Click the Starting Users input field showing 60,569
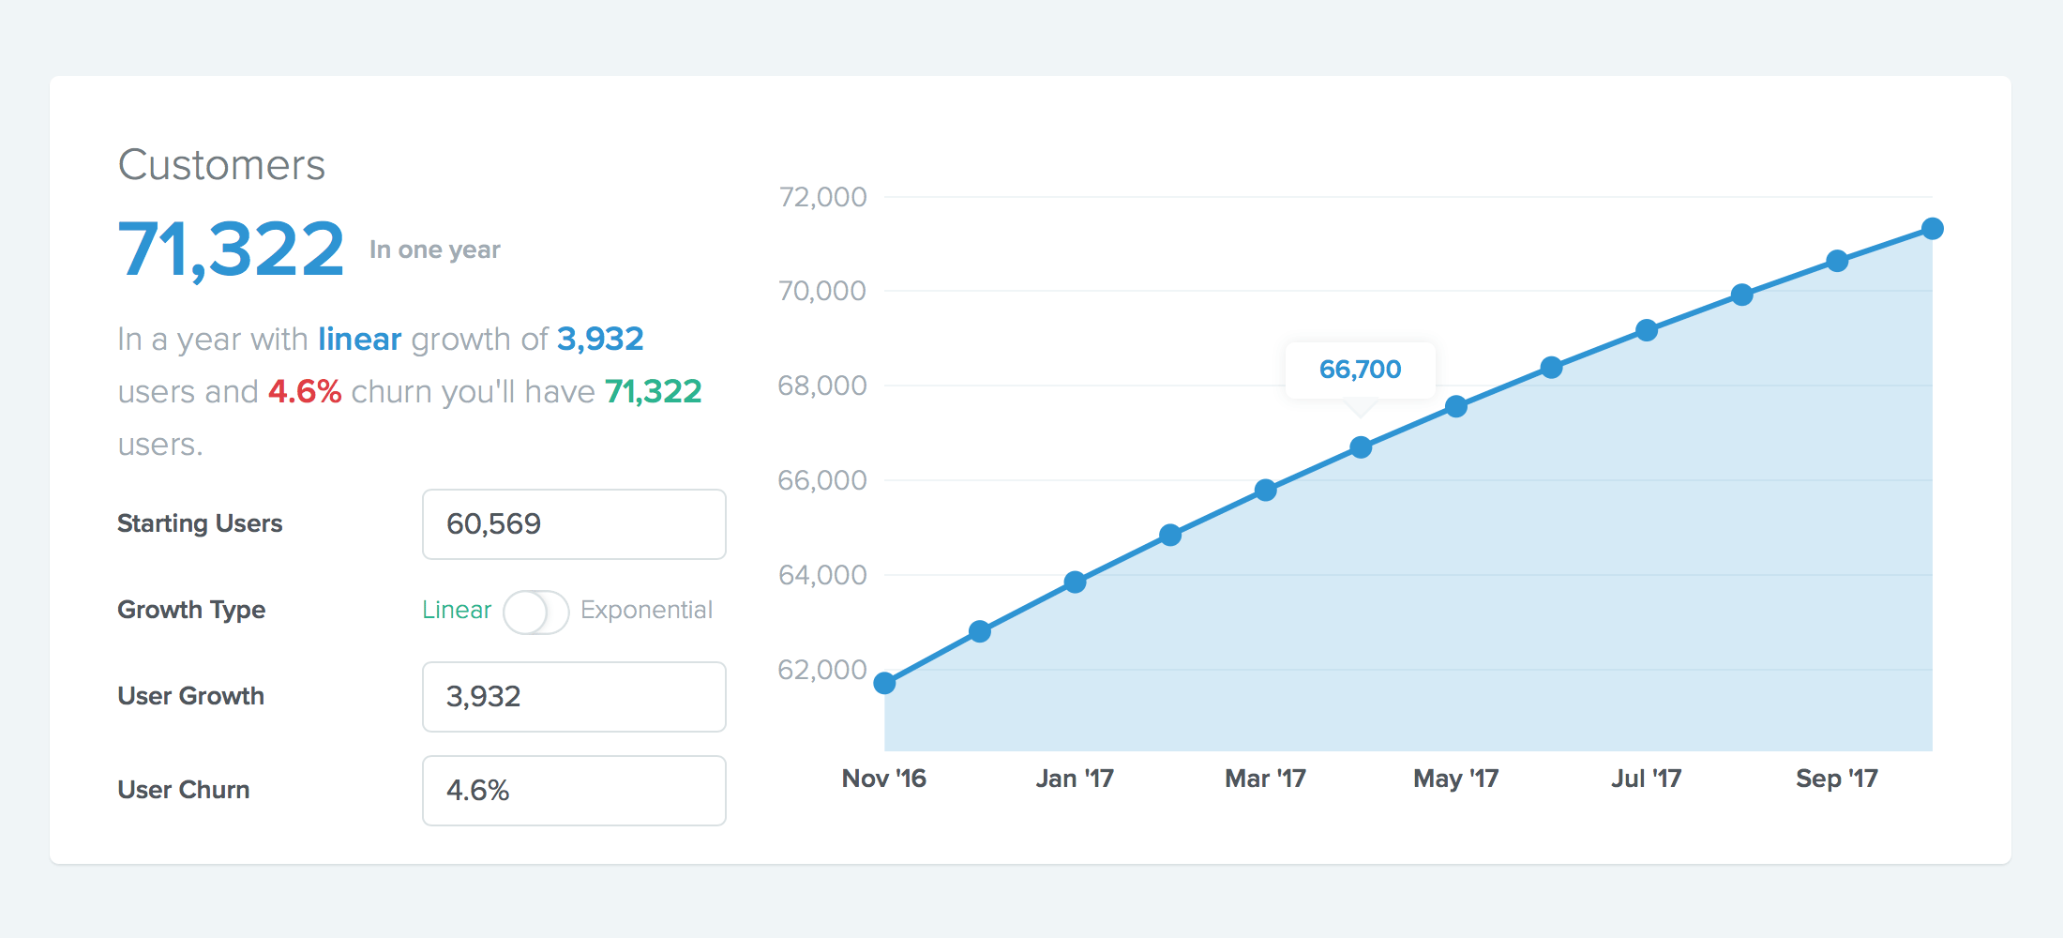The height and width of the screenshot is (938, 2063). [x=574, y=524]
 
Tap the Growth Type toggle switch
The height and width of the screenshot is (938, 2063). [x=535, y=612]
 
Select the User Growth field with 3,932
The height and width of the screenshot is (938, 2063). [x=574, y=697]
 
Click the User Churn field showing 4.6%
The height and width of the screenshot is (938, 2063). [x=574, y=791]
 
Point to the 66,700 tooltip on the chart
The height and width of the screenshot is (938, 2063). [x=1360, y=370]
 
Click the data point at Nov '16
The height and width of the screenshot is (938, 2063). [x=884, y=683]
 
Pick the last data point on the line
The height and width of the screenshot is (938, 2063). [x=1932, y=229]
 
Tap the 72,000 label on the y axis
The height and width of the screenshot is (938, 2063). [x=822, y=197]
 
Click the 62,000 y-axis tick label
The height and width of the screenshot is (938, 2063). [x=822, y=670]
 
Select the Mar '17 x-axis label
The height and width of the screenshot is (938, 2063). [x=1265, y=779]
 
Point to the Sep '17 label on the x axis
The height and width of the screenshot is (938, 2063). [x=1836, y=779]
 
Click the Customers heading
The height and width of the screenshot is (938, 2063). [x=221, y=165]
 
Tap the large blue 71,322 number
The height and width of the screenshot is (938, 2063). [x=231, y=250]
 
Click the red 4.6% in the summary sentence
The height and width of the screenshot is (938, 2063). [x=305, y=391]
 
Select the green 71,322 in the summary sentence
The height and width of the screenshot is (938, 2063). [x=653, y=391]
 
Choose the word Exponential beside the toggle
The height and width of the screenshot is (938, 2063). [x=646, y=610]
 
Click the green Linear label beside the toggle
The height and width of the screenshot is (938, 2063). [x=457, y=610]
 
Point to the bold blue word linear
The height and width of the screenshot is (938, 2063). [x=359, y=339]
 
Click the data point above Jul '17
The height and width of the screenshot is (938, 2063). [x=1647, y=330]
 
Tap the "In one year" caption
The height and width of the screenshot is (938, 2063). [x=434, y=250]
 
